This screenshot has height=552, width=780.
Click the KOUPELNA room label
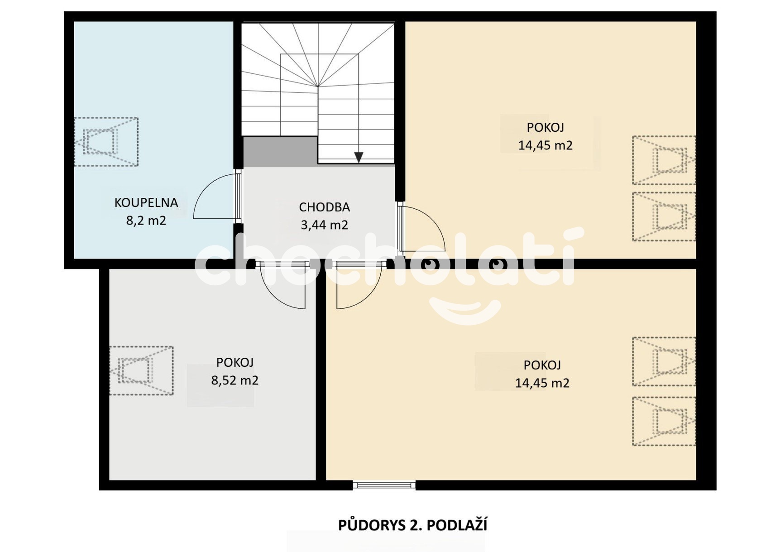[146, 202]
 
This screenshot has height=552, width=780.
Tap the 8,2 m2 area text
[146, 221]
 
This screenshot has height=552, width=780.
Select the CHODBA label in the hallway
[324, 207]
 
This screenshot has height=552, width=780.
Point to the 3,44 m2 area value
[324, 225]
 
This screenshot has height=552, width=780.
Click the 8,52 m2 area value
[234, 380]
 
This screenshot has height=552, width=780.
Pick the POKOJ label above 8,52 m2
[234, 362]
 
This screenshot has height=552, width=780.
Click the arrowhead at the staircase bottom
[359, 157]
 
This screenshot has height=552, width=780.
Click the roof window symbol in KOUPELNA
[106, 142]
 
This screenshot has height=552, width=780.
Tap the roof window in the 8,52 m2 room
[142, 371]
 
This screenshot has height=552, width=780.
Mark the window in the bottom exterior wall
[384, 485]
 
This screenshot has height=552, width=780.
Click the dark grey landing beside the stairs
[280, 152]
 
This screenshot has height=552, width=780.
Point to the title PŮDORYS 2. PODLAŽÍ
[412, 525]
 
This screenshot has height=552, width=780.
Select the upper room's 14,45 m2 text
[545, 145]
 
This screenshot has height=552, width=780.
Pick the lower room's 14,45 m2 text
[542, 383]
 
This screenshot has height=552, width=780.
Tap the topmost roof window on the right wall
[664, 160]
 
